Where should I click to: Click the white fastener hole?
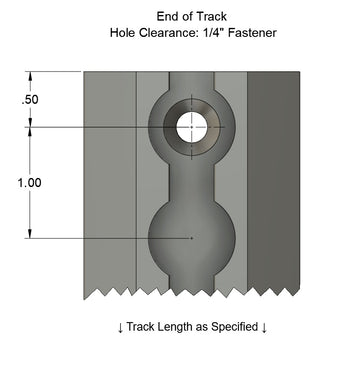click(x=192, y=127)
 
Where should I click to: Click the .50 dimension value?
click(x=30, y=100)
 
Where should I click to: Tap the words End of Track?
click(x=191, y=16)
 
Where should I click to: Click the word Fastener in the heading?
click(x=245, y=32)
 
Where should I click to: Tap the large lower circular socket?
click(x=192, y=240)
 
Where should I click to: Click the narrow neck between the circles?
click(x=192, y=180)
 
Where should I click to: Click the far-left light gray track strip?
click(x=109, y=180)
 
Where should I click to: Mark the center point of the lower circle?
click(x=192, y=238)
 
